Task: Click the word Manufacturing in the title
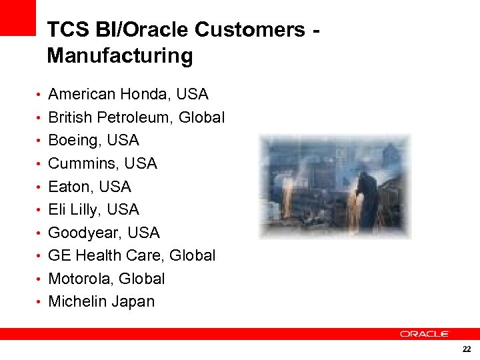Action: [x=120, y=55]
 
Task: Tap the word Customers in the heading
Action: [x=251, y=30]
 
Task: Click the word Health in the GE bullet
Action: [x=97, y=255]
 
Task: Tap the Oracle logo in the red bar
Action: [x=425, y=333]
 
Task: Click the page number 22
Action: [x=465, y=349]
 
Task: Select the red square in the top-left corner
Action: [x=17, y=17]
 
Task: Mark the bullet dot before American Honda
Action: [x=40, y=95]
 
